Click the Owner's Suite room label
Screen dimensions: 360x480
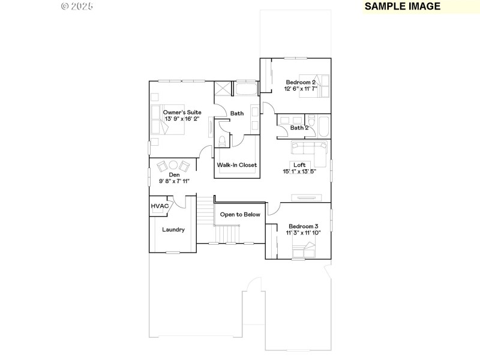click(x=182, y=112)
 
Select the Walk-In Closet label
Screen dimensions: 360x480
click(x=236, y=165)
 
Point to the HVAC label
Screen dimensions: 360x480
click(x=159, y=206)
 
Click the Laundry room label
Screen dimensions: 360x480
click(x=173, y=229)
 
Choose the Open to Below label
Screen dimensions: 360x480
click(x=239, y=214)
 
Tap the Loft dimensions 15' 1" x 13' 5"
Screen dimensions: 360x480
click(x=299, y=172)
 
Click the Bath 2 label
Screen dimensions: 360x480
click(x=299, y=127)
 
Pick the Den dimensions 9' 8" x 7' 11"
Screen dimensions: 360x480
click(x=174, y=181)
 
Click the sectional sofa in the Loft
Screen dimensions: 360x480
click(x=311, y=149)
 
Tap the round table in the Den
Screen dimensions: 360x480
click(x=173, y=165)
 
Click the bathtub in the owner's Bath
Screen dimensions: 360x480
click(x=245, y=90)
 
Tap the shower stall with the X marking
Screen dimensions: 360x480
click(x=222, y=89)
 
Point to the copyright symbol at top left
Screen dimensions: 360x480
click(x=65, y=6)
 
